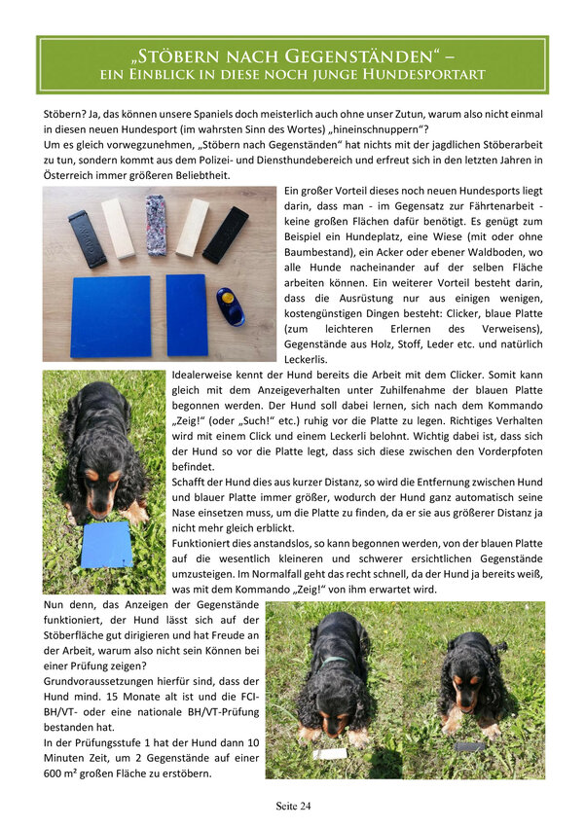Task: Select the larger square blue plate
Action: pos(111,316)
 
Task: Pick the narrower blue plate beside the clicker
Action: pos(187,315)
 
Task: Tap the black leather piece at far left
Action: pos(87,238)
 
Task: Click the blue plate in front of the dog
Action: pos(107,546)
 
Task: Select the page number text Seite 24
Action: pos(293,807)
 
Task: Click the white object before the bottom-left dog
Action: pos(329,753)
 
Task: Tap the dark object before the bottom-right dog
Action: pos(471,746)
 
